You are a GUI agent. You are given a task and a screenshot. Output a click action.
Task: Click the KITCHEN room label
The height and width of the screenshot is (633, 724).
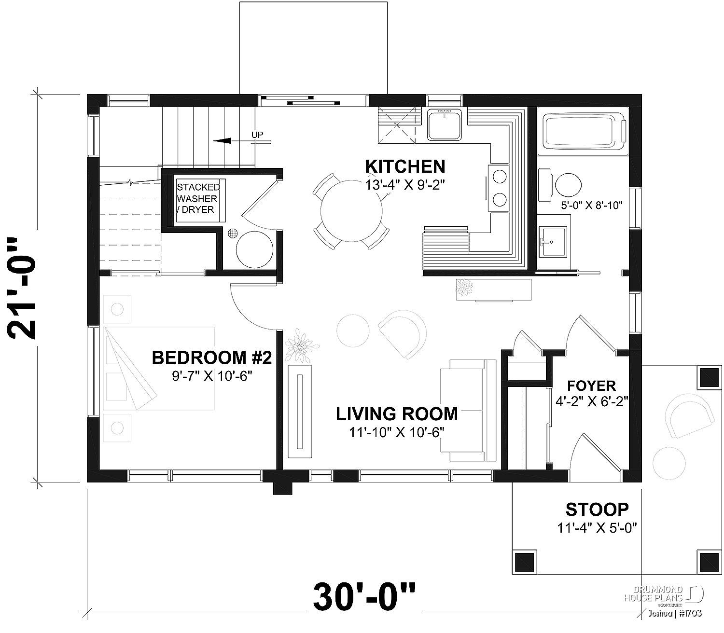point(405,166)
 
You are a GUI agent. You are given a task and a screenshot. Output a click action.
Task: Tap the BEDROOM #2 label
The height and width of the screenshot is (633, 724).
point(212,358)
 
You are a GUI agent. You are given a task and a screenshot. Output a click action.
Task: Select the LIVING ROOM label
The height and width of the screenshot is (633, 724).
point(397,414)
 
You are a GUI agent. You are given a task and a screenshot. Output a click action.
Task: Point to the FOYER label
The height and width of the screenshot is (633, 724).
point(592,385)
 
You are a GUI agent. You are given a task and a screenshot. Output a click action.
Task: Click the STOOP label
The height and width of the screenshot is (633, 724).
point(598,509)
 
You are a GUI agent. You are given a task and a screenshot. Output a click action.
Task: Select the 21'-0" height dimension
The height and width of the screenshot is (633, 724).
point(22,288)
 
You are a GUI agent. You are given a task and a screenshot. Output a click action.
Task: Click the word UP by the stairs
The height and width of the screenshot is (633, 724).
point(257,135)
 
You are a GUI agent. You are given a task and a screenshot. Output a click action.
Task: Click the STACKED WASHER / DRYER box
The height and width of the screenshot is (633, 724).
point(201,201)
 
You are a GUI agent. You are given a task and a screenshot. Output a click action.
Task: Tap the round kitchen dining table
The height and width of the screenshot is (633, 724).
point(351,211)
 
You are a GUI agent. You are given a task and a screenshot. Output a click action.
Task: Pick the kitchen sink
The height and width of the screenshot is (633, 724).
point(445,124)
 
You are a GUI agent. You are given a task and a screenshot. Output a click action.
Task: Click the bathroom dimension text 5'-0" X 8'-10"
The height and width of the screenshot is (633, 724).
point(592,206)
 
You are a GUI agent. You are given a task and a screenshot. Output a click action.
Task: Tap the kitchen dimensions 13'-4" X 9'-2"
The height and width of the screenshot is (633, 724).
point(404,185)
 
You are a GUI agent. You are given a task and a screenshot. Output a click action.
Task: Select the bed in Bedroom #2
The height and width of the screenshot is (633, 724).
point(159,369)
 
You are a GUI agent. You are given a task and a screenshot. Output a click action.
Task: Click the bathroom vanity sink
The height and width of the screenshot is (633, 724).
point(552,241)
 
